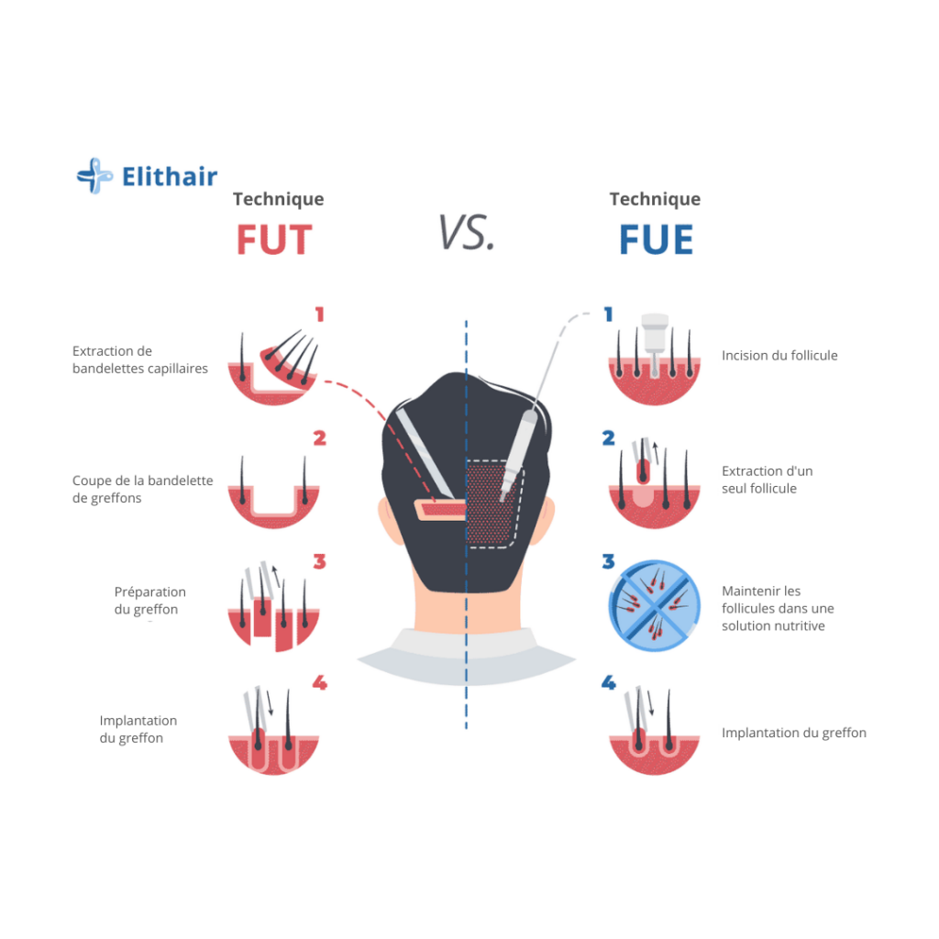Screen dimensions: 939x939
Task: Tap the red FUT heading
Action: click(x=274, y=239)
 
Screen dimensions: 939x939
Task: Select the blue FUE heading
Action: click(x=656, y=239)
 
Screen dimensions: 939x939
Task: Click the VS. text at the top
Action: click(x=466, y=232)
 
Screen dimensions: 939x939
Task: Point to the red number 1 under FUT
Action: click(x=319, y=315)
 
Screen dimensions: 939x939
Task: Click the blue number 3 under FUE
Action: click(x=608, y=561)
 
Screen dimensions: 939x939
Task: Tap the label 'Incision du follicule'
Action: click(x=779, y=356)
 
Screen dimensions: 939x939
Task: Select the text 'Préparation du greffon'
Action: click(x=150, y=601)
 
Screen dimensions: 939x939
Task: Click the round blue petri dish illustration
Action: click(x=655, y=606)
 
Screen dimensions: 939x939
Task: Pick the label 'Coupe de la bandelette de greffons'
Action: click(x=143, y=490)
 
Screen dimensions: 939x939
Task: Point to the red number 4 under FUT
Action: click(x=319, y=683)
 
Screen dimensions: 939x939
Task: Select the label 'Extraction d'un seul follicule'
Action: click(x=767, y=480)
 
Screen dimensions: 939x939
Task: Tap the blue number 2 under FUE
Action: click(x=608, y=438)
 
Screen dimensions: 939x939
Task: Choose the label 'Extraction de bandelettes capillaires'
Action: click(x=140, y=359)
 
